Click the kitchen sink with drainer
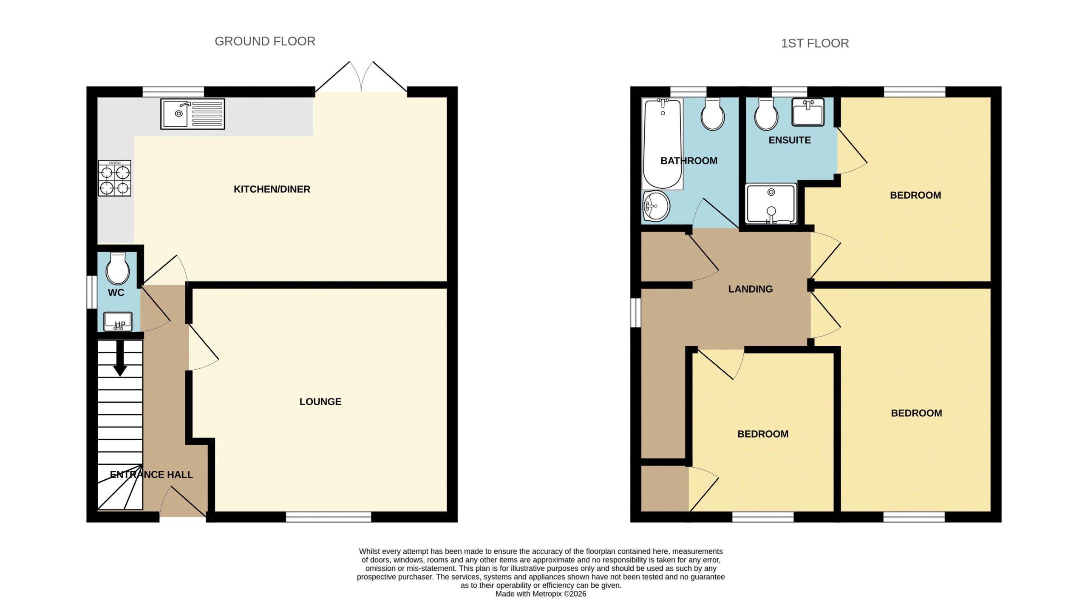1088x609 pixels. (x=193, y=114)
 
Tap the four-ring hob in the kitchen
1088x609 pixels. (x=115, y=178)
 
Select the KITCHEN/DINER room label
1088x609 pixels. (x=272, y=189)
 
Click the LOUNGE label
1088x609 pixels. (x=320, y=402)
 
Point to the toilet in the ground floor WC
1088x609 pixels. (x=118, y=268)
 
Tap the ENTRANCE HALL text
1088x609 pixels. (x=151, y=475)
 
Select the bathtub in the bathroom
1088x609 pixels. (x=663, y=144)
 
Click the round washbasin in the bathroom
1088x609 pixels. (x=657, y=206)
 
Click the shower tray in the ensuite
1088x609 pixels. (x=771, y=204)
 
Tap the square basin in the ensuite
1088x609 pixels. (x=808, y=112)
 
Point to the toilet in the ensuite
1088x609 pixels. (x=766, y=114)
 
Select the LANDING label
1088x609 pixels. (x=751, y=289)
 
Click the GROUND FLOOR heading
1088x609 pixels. (x=265, y=41)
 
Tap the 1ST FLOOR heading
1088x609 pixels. (x=815, y=43)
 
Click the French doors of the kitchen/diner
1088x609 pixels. (x=361, y=77)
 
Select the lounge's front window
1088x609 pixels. (x=329, y=517)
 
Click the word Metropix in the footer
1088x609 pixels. (x=547, y=594)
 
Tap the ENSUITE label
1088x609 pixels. (x=790, y=140)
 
